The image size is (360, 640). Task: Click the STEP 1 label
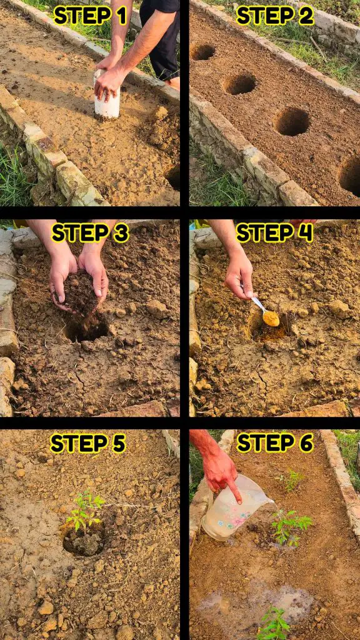(x=90, y=16)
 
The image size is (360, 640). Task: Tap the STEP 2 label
(x=275, y=16)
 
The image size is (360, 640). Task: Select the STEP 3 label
(x=90, y=233)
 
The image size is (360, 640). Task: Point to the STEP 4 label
(x=275, y=233)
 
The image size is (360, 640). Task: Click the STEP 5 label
(x=87, y=443)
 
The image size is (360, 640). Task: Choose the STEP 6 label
(x=275, y=443)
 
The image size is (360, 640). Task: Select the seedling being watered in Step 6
(x=291, y=526)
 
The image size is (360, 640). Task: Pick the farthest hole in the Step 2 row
(x=203, y=52)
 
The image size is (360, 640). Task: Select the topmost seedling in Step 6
(x=291, y=481)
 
